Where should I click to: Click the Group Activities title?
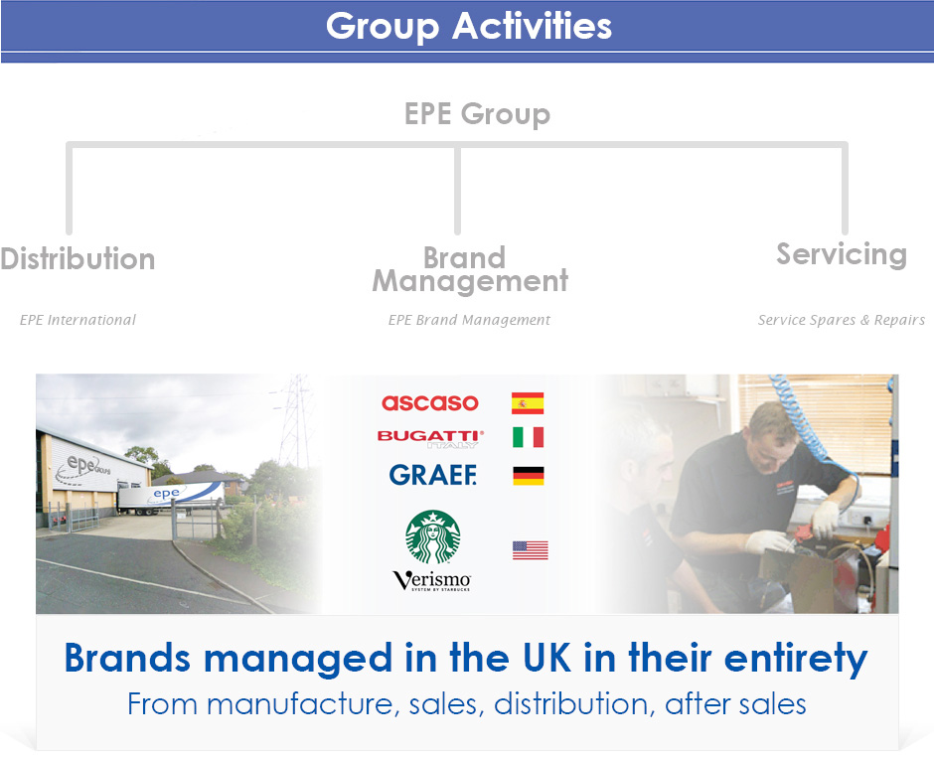(469, 27)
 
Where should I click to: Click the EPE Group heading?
(477, 114)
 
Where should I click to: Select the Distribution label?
(78, 258)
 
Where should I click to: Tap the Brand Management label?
(470, 269)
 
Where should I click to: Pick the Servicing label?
(842, 255)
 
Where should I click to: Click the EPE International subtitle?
(78, 320)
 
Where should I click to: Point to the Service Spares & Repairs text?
(841, 320)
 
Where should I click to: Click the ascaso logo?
(430, 402)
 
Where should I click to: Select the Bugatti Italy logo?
(430, 438)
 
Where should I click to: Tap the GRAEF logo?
(433, 475)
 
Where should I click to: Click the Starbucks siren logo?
(433, 536)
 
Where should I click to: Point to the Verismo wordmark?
(432, 580)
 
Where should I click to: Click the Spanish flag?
(528, 403)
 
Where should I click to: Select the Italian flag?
(529, 437)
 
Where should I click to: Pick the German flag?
(529, 476)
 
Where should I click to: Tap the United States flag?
(531, 550)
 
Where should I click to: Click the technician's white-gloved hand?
(825, 520)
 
